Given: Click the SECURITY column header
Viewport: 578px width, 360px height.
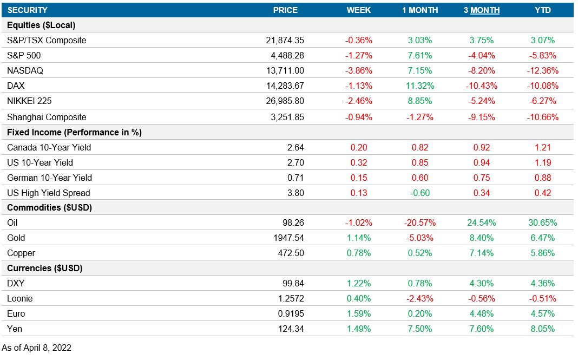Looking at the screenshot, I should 27,10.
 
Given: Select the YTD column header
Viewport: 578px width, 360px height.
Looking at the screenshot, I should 542,10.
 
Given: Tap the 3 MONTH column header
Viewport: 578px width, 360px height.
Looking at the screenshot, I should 481,10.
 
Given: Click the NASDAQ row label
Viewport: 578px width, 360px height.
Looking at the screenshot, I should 25,70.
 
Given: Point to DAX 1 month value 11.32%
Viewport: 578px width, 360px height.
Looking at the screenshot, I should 420,86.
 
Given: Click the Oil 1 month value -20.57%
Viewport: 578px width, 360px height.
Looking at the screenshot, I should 420,222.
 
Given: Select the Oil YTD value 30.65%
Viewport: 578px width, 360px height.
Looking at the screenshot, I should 542,222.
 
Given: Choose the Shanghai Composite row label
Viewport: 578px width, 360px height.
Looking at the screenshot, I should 47,117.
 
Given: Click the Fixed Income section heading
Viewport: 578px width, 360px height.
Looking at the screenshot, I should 74,132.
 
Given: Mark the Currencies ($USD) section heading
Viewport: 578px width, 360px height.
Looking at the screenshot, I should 44,268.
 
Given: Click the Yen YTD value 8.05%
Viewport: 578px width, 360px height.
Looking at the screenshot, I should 542,329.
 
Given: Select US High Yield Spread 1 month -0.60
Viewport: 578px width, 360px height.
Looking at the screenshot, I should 420,193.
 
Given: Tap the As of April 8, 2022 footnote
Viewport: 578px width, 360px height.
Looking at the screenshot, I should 37,348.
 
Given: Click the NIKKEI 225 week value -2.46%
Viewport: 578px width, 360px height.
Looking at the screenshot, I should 359,101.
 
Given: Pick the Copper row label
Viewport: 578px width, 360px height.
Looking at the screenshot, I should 21,253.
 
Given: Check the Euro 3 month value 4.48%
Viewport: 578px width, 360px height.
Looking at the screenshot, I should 481,313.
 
